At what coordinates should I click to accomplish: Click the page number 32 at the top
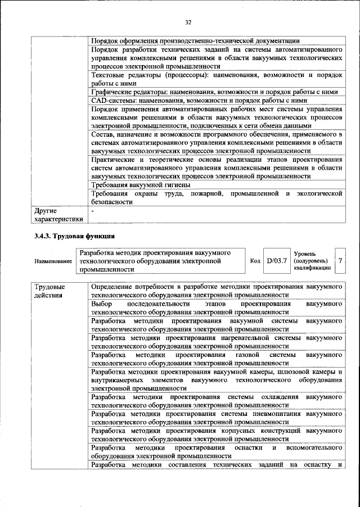[x=188, y=22]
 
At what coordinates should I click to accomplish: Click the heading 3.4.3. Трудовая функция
[x=74, y=236]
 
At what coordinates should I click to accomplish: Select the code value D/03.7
[x=277, y=261]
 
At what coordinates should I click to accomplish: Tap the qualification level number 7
[x=340, y=261]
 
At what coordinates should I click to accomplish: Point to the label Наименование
[x=53, y=261]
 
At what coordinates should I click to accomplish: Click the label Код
[x=255, y=261]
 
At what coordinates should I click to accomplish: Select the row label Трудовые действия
[x=49, y=291]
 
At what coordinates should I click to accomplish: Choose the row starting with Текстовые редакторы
[x=217, y=79]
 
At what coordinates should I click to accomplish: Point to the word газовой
[x=244, y=355]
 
